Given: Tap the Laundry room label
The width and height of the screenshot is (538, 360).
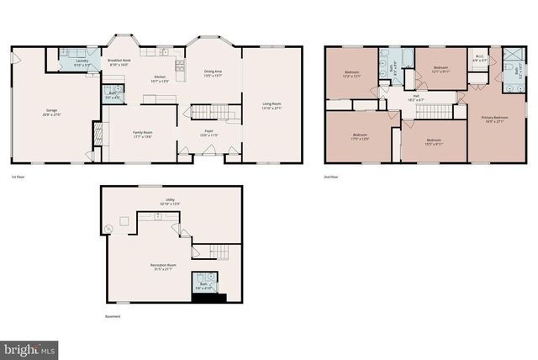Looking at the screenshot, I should click(82, 62).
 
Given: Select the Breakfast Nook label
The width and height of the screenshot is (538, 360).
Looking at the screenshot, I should click(119, 61).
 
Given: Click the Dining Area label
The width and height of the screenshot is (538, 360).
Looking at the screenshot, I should click(213, 73).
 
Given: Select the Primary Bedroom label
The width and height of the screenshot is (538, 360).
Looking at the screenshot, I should click(488, 119).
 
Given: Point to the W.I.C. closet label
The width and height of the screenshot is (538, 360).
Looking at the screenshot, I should click(477, 60).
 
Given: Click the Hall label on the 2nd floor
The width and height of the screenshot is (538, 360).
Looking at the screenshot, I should click(415, 98).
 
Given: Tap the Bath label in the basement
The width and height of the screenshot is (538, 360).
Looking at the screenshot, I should click(203, 287).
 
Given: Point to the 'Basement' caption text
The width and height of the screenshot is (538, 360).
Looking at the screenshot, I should click(112, 316).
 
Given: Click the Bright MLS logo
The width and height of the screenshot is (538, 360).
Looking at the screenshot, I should click(29, 348).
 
